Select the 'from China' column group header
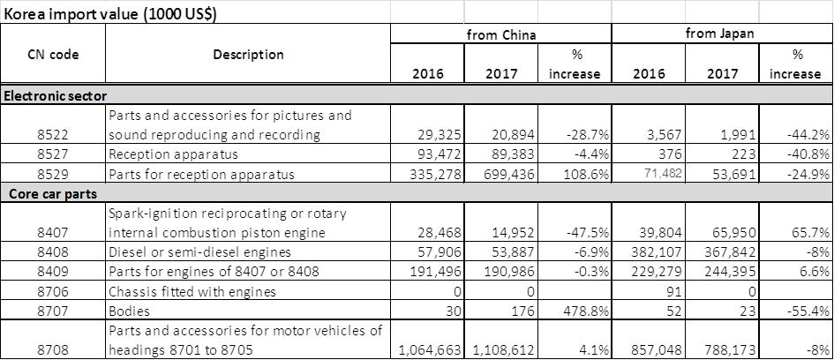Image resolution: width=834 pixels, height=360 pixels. tap(502, 34)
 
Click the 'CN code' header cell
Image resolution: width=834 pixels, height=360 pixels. tap(53, 55)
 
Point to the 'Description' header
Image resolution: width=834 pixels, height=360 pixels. tap(248, 55)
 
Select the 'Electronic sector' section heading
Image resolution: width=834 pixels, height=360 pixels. tap(56, 94)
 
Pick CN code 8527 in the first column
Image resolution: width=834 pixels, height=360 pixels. tap(53, 154)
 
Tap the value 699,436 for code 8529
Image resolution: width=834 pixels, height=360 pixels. tap(502, 174)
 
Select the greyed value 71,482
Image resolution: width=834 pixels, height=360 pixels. tap(650, 174)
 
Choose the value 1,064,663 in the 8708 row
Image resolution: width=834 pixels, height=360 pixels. tap(432, 350)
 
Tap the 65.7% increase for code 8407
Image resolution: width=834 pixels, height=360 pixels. tap(801, 233)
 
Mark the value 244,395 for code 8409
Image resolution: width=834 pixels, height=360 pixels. tap(722, 272)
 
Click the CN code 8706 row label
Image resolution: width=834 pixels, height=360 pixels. tap(53, 291)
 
